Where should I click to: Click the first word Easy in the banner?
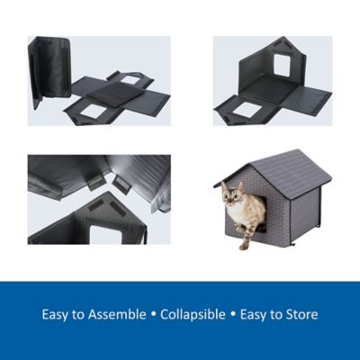tap(56, 315)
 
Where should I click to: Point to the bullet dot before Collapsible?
tap(155, 316)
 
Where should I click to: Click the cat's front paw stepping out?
tap(243, 243)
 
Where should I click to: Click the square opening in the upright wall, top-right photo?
tap(281, 65)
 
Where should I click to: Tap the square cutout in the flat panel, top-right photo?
tap(247, 110)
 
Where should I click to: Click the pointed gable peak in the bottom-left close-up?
tap(115, 195)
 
